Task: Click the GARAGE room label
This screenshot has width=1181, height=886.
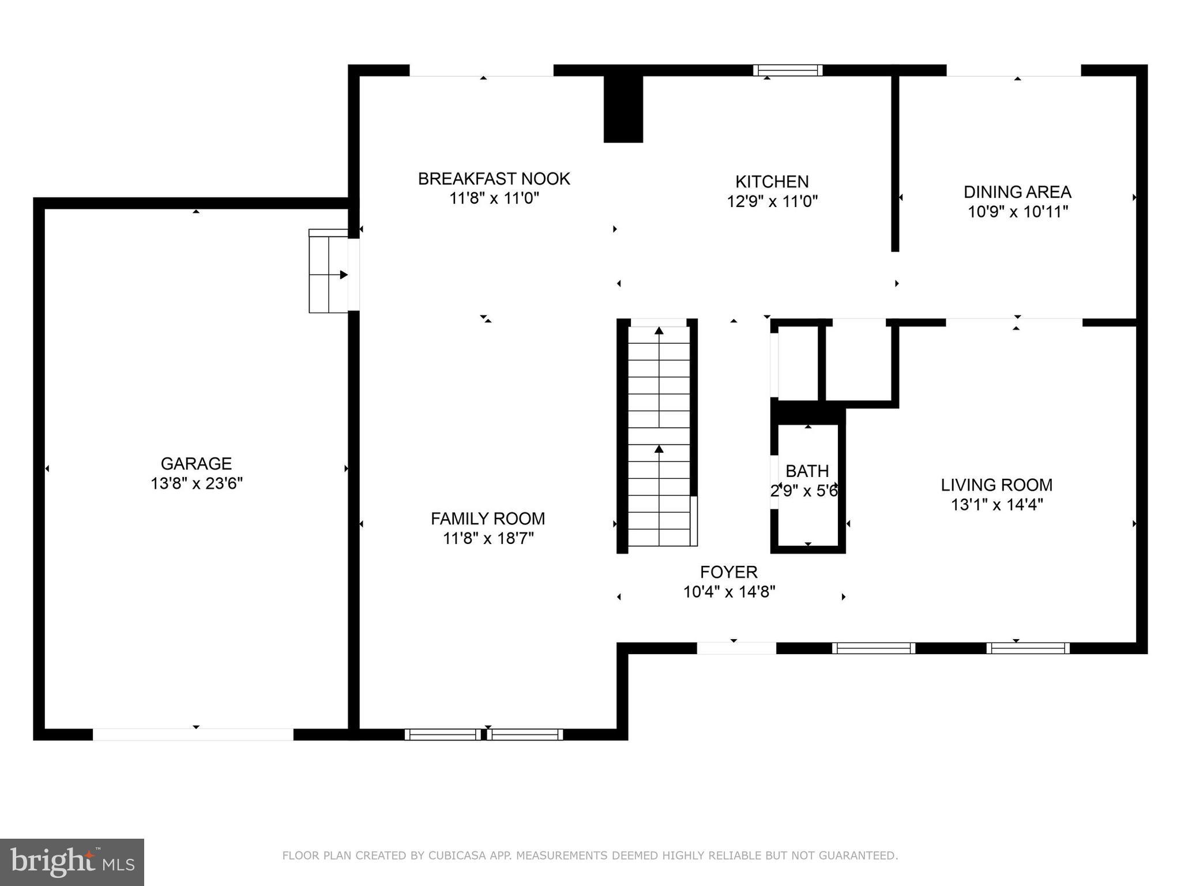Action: [x=196, y=464]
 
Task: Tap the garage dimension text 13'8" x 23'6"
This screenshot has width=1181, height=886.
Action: [x=196, y=483]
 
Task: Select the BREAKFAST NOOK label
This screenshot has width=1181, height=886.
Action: [x=494, y=179]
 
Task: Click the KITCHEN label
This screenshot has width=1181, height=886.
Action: [x=772, y=182]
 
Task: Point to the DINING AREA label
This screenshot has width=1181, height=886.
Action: [x=1017, y=192]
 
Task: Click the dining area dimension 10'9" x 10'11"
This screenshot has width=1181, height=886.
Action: [x=1017, y=212]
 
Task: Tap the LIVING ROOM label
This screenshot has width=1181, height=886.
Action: [x=996, y=485]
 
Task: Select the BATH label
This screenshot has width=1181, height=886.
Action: [x=807, y=471]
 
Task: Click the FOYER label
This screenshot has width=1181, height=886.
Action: [x=728, y=572]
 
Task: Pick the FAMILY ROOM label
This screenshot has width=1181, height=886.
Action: [x=488, y=519]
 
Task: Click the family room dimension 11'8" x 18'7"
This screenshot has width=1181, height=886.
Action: [x=488, y=538]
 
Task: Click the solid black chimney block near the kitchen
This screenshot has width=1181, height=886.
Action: [x=623, y=110]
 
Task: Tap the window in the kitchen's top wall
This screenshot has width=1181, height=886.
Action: [x=787, y=70]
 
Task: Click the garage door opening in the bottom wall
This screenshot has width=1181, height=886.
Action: [x=193, y=734]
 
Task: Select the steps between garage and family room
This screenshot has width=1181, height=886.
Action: [x=328, y=271]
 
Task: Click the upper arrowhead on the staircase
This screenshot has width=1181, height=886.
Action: [x=659, y=331]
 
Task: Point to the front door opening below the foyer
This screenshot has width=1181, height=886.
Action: [x=736, y=648]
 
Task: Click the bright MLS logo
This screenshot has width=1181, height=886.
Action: [x=72, y=862]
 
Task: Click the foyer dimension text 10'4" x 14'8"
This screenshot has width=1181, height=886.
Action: [x=729, y=592]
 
